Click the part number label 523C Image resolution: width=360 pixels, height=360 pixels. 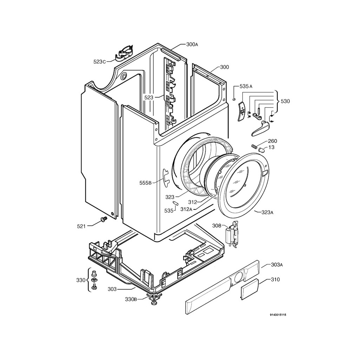tap(99, 62)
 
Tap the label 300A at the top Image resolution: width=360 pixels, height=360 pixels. tap(192, 45)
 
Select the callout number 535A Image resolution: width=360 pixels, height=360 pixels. tap(246, 86)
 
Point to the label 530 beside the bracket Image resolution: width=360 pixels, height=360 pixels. tap(285, 101)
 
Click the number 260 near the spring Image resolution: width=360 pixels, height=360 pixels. tap(272, 141)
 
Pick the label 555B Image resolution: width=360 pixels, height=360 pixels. tap(145, 182)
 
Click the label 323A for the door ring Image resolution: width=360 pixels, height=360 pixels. tap(268, 212)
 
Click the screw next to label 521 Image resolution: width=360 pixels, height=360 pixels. tap(103, 219)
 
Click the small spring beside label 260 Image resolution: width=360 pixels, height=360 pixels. tap(254, 146)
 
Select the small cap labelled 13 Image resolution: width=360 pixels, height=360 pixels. tap(261, 150)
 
